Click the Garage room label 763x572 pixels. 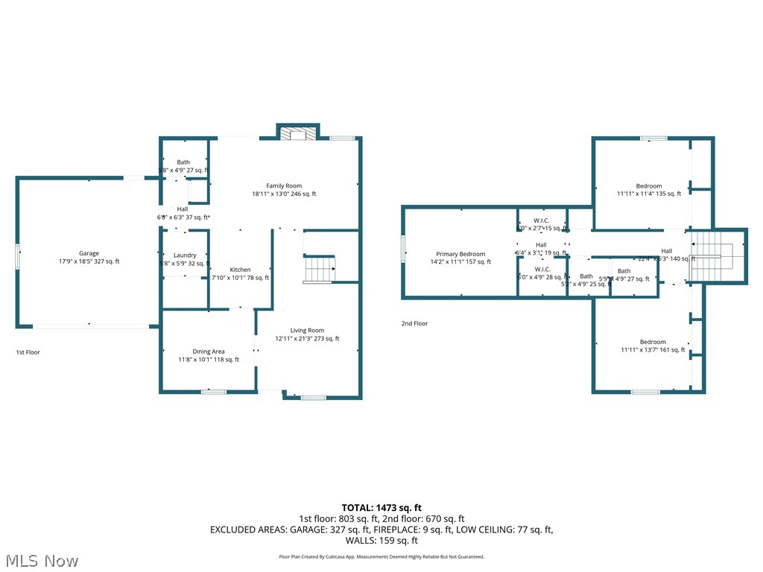pos(89,257)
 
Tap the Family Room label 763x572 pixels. pos(284,190)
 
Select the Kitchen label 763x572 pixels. pos(240,273)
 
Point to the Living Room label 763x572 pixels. pos(307,334)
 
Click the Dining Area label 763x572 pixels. pos(209,355)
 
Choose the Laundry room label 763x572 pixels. pos(185,259)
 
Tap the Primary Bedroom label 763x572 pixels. pos(460,258)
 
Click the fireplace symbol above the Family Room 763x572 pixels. pos(298,133)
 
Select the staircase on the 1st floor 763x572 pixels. pos(319,269)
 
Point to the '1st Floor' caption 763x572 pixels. pos(28,352)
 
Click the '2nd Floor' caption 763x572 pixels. pos(415,324)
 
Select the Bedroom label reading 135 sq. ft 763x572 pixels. pos(648,190)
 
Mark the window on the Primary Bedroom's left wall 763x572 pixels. pos(404,249)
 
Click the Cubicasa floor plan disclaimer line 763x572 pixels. pos(381,556)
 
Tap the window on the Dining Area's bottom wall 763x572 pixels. pos(214,391)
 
